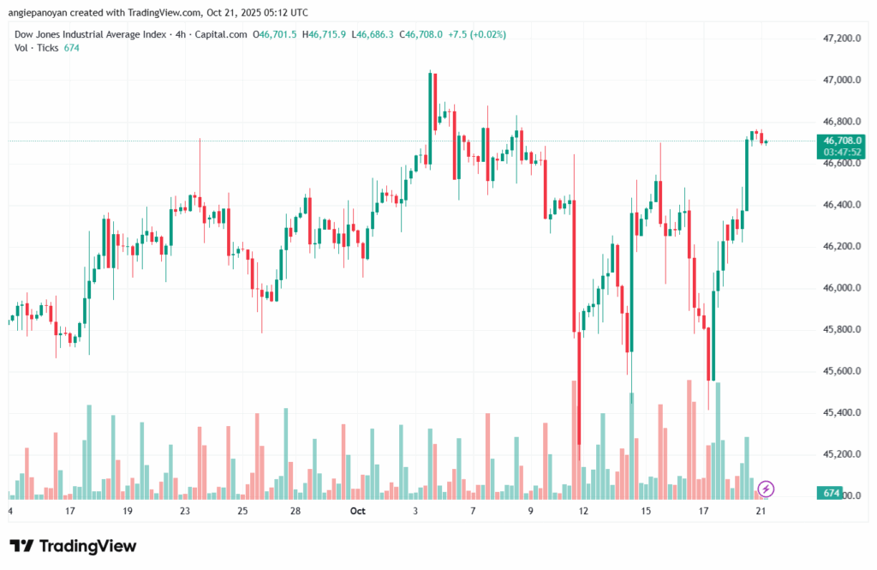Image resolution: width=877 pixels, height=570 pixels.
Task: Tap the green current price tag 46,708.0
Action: [x=841, y=141]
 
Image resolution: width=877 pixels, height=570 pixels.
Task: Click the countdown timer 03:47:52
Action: [x=841, y=152]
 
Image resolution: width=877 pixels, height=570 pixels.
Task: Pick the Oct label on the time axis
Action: [x=358, y=511]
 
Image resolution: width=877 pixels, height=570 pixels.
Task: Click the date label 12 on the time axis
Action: [x=583, y=511]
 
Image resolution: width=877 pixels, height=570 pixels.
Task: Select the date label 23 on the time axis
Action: [x=184, y=511]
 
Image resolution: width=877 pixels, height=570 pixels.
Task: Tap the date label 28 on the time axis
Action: [x=295, y=511]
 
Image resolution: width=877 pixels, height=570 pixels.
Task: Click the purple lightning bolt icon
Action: [x=767, y=489]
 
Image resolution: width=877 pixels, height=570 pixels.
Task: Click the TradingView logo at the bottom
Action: [x=73, y=546]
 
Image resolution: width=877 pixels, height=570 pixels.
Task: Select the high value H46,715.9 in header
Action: [x=327, y=34]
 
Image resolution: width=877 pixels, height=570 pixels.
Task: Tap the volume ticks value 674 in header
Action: [x=72, y=48]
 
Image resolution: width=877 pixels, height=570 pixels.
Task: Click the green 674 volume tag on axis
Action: [x=829, y=495]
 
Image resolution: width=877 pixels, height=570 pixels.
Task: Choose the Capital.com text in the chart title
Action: [x=223, y=34]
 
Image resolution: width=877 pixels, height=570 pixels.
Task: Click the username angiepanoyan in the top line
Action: [x=43, y=13]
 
